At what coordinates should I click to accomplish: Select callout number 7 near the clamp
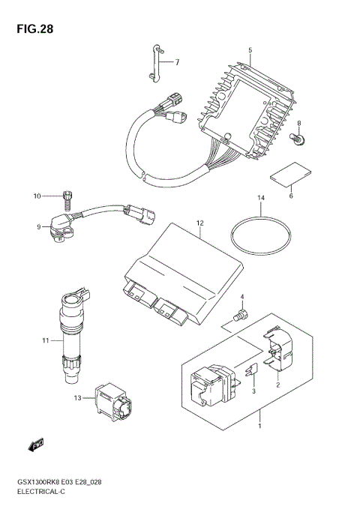pos(178,62)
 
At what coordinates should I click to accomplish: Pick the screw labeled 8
pos(297,138)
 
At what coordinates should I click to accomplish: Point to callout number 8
pos(298,123)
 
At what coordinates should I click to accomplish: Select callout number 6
pos(291,196)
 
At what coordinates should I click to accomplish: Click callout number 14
pos(260,199)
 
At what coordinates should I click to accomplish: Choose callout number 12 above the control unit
pos(200,223)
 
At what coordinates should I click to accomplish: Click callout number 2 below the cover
pos(277,385)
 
